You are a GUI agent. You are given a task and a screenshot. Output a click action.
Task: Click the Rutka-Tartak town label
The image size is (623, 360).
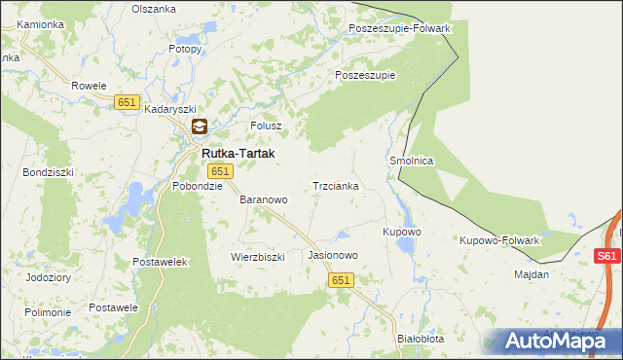coord(238,154)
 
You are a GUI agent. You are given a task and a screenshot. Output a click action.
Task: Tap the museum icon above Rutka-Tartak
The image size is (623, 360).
coord(199,126)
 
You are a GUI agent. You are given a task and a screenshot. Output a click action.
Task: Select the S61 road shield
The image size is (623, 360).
coord(606,257)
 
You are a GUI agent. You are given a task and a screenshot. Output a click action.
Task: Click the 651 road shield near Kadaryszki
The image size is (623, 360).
coord(127,102)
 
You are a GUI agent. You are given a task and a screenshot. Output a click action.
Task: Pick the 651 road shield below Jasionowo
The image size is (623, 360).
coord(340,280)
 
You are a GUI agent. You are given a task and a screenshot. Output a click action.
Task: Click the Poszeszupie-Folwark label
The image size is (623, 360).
coord(399,28)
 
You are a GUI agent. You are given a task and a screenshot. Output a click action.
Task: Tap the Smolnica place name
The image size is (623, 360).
coord(411,161)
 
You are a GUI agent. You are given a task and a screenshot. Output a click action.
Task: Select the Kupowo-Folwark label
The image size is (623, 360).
coord(499,239)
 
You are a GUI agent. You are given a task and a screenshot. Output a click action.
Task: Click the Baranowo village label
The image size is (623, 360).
coord(264,199)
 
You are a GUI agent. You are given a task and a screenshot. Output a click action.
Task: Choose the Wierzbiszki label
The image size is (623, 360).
coord(257,257)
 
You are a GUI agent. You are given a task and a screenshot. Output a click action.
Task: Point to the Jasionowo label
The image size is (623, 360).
coord(333,255)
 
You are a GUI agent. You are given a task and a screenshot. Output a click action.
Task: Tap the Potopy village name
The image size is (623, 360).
coord(185,49)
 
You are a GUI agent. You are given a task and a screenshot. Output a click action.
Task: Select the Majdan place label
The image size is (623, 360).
coord(531,274)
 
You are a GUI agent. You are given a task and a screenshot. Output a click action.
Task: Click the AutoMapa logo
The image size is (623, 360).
coord(553,341)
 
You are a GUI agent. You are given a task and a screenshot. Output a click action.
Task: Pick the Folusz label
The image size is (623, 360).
coord(266,126)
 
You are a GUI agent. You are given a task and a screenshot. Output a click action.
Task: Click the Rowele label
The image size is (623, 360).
coord(89,86)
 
